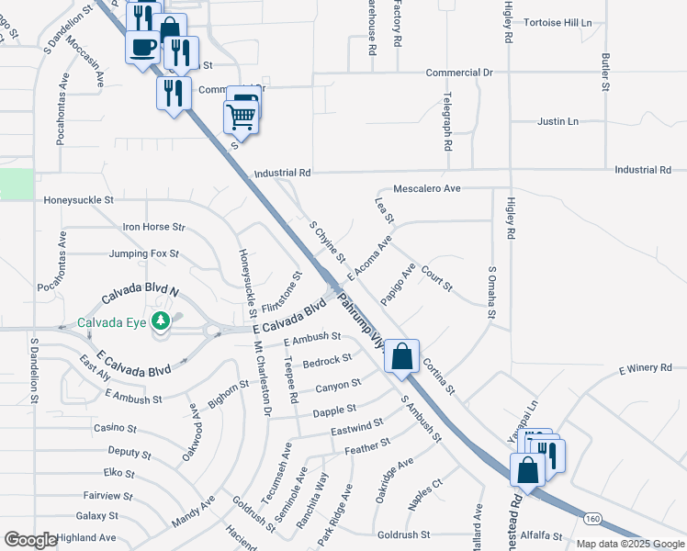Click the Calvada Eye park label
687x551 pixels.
coord(113,322)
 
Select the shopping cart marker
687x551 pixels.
coord(241,115)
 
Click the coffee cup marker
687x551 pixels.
coord(142,45)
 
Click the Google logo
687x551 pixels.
coord(30,540)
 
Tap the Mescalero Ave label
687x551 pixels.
coord(426,188)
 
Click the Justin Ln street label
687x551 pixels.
coord(557,121)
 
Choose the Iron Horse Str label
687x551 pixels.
coord(153,226)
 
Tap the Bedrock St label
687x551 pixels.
coord(328,361)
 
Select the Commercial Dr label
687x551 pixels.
coord(459,72)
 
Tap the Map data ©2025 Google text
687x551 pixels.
coord(630,544)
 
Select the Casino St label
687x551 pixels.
coord(115,429)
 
